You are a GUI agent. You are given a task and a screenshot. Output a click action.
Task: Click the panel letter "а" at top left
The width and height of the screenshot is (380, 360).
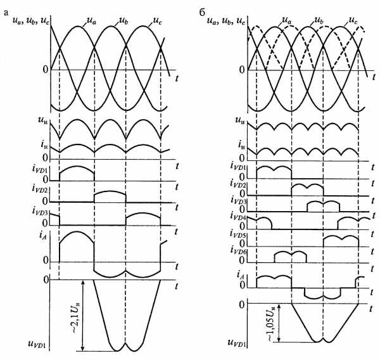click(6, 13)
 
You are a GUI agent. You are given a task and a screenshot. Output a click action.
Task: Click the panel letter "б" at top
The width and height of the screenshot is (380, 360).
click(203, 13)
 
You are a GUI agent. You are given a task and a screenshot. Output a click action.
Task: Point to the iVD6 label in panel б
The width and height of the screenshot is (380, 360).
click(238, 252)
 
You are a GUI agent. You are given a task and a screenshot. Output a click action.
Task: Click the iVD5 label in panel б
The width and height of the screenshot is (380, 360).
click(238, 235)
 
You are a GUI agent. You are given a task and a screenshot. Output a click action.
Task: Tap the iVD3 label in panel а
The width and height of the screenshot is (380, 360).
click(41, 212)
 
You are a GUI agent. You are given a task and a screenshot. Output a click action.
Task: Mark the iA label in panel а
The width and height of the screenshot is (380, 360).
click(42, 236)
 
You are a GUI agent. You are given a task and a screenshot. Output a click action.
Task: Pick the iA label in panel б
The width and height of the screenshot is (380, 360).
click(241, 275)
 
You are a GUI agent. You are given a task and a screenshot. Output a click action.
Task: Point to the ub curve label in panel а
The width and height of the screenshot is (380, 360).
click(123, 22)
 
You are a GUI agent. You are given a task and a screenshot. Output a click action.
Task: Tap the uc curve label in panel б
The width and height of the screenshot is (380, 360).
click(353, 22)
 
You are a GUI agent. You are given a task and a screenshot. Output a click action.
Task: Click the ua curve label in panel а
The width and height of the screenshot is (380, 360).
click(91, 22)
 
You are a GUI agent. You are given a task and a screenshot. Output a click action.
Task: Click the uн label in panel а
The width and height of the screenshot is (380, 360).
click(42, 120)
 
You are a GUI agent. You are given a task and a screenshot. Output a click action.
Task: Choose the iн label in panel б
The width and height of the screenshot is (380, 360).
click(241, 145)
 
